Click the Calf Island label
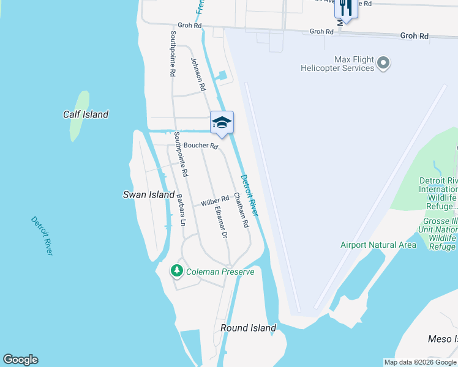coord(86,114)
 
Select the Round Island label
coord(248,328)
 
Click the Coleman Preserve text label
coord(220,272)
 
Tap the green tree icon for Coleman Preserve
coord(177,270)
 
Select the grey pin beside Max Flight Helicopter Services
coord(383,63)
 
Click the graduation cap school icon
coord(222,122)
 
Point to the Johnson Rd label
coord(198,75)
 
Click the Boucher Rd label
coord(201,146)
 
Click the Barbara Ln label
coord(181,210)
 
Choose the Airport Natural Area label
coord(378,245)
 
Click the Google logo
coord(20,360)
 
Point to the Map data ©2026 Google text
coord(420,362)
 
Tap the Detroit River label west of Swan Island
coord(42,235)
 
